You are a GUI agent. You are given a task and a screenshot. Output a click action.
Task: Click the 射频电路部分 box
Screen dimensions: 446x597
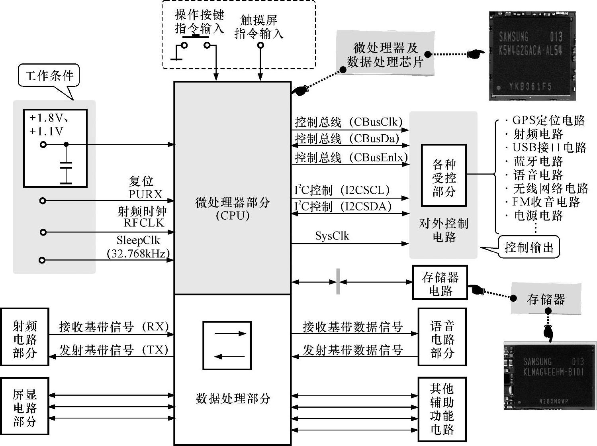coord(25,337)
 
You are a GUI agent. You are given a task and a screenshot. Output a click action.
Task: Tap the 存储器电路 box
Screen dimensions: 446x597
coord(440,283)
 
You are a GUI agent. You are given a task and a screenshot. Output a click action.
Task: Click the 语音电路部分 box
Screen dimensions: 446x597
coord(442,337)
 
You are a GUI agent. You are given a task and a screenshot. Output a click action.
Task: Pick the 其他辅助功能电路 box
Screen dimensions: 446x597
coord(442,409)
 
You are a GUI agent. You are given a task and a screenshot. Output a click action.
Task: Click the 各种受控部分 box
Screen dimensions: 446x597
coord(444,176)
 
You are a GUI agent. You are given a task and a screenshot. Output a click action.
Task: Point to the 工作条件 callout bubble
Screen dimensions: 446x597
coord(49,76)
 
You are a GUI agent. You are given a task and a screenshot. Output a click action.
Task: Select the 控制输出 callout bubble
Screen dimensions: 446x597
coord(529,248)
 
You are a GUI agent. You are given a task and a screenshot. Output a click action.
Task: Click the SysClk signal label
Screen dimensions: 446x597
coord(332,236)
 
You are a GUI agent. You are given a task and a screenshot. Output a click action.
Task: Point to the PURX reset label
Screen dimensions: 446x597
coord(145,194)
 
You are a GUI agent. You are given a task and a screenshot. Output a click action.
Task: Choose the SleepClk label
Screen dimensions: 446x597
coord(138,240)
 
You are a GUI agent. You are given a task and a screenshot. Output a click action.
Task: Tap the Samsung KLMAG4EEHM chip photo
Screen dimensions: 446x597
coord(550,375)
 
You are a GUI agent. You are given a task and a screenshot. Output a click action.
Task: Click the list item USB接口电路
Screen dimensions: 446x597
coord(550,147)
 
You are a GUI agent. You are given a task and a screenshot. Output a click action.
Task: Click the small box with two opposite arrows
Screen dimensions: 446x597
coord(227,345)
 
